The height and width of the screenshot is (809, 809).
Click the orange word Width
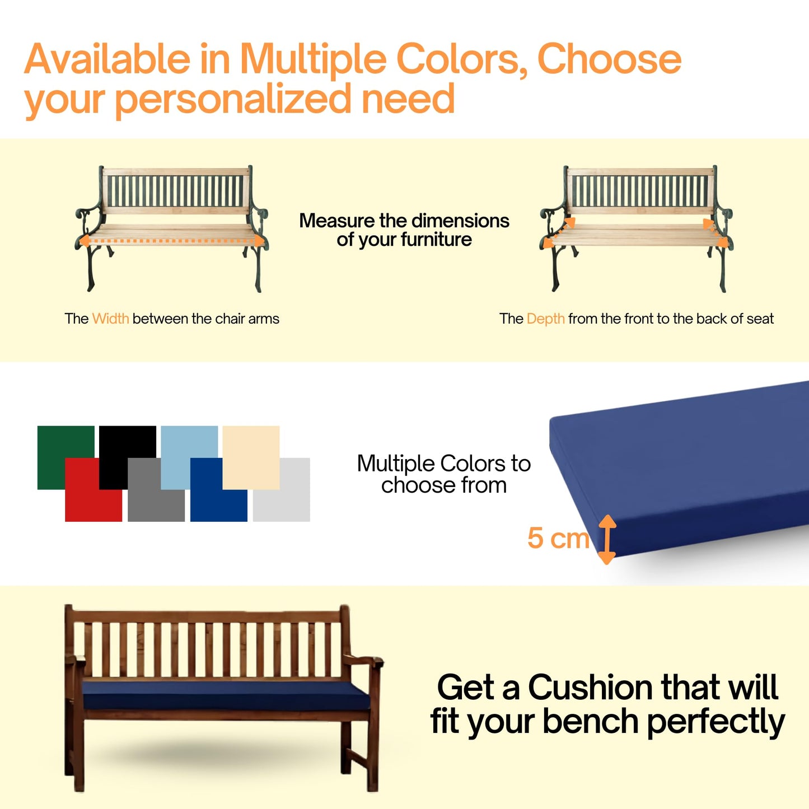tap(110, 319)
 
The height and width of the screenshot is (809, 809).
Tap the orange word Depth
tap(545, 319)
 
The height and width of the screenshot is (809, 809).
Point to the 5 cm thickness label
tap(558, 538)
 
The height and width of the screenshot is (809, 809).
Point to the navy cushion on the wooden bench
tap(224, 694)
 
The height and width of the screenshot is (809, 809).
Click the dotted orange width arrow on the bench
tap(171, 241)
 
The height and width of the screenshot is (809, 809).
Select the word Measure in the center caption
tap(337, 221)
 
